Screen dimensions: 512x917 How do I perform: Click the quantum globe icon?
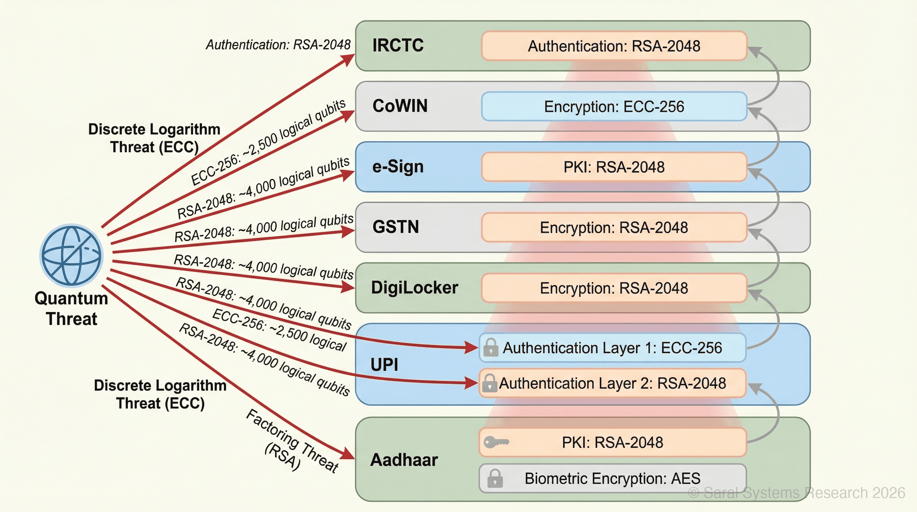[72, 255]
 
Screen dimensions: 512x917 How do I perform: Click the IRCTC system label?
[398, 45]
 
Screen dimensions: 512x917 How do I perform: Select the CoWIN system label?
[400, 106]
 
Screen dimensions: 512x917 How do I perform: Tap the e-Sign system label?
[398, 166]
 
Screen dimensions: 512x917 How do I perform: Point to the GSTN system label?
[396, 227]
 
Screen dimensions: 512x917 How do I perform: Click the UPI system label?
[384, 364]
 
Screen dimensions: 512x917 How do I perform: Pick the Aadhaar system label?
[404, 460]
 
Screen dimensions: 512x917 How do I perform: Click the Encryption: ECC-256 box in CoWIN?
[614, 106]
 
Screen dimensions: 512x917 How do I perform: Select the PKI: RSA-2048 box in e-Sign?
[614, 167]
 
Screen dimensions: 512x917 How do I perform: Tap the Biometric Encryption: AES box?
[612, 478]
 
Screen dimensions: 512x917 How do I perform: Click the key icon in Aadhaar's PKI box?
[496, 442]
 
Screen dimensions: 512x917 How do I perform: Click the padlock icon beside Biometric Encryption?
[495, 478]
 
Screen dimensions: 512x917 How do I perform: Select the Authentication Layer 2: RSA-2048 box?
[612, 383]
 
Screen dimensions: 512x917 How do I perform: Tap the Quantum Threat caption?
[71, 308]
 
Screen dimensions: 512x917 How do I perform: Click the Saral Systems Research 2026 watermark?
[796, 493]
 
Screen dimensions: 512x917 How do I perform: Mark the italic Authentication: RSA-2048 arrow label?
[278, 45]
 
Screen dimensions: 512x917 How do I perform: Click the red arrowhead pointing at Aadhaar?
[347, 454]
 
